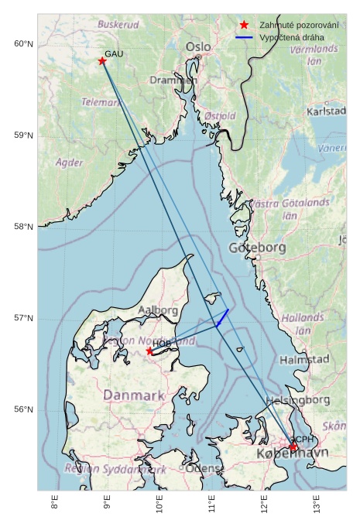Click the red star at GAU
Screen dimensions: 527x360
point(102,60)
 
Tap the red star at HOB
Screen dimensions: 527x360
point(149,351)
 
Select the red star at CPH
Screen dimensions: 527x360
point(293,447)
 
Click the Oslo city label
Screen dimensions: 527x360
point(197,47)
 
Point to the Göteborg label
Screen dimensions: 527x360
point(258,248)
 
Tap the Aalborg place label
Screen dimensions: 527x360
point(158,310)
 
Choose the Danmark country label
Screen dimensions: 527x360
point(134,395)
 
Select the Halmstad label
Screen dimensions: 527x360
point(304,360)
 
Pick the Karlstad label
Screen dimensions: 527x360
point(326,111)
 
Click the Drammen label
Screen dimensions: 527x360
point(173,80)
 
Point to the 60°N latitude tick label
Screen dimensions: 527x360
point(24,43)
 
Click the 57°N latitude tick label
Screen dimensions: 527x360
point(24,318)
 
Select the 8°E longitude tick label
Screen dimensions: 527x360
point(54,505)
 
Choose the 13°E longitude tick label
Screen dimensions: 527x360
point(316,505)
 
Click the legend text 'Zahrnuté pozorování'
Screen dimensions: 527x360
point(299,25)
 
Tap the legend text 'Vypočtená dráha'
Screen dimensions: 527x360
point(292,37)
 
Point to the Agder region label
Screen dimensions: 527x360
point(70,163)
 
